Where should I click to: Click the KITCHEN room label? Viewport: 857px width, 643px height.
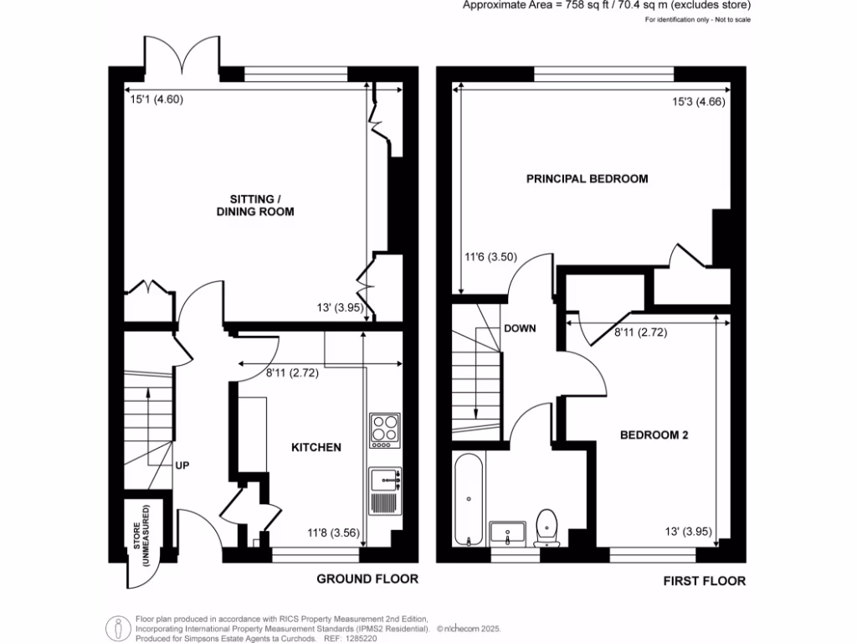(316, 447)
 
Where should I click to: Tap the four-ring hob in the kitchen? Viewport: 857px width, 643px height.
(385, 431)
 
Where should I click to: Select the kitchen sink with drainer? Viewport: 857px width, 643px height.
(385, 491)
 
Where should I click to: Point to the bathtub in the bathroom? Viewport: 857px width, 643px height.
(469, 500)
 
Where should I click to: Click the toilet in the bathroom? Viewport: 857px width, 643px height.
(547, 528)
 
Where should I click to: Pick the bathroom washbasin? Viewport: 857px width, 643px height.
(508, 532)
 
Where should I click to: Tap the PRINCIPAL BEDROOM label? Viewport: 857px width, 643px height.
(587, 179)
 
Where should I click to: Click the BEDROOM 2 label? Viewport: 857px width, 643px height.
(654, 435)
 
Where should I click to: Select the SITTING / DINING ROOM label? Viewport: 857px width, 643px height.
(255, 206)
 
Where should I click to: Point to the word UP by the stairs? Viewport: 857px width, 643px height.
(182, 466)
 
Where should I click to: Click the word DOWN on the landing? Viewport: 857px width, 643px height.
(520, 328)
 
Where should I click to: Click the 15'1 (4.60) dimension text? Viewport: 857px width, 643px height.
(157, 100)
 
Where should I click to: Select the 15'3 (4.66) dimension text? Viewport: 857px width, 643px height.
(699, 101)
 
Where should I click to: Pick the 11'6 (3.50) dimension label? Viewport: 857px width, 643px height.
(490, 257)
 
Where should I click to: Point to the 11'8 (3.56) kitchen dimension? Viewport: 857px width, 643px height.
(333, 532)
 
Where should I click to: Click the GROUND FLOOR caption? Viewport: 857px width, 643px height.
(367, 579)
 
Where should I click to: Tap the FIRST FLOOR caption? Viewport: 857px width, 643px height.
(705, 581)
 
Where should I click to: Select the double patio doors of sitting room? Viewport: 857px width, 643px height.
(182, 54)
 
